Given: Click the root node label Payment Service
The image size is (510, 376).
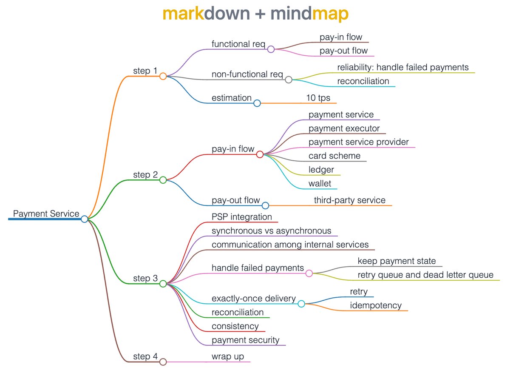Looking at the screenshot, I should click(x=46, y=214).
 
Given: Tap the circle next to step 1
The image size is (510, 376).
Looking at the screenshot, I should click(x=163, y=76).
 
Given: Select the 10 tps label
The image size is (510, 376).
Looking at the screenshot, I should click(x=318, y=98).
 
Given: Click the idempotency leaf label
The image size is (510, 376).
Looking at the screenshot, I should click(x=376, y=305).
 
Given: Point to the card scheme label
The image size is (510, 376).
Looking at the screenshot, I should click(x=334, y=156).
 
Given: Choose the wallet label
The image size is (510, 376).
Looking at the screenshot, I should click(x=320, y=184).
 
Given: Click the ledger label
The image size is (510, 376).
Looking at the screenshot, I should click(x=321, y=170).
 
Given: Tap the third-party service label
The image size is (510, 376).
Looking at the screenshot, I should click(x=350, y=200).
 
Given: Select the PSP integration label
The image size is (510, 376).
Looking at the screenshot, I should click(x=242, y=217).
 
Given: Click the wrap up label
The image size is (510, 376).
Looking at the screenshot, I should click(x=228, y=356).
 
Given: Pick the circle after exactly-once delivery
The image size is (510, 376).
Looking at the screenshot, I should click(x=301, y=304).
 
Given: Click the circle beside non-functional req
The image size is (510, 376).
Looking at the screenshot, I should click(x=289, y=80).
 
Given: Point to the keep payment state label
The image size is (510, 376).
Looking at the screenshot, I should click(x=397, y=261).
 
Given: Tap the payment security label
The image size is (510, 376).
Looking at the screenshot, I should click(x=246, y=340).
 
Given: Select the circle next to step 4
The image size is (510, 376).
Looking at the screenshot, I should click(x=163, y=362).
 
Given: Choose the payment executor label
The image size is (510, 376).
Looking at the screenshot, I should click(x=344, y=128).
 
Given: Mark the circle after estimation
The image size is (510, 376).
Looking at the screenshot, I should click(x=257, y=103).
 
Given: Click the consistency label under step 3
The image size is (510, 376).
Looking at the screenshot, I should click(x=235, y=326).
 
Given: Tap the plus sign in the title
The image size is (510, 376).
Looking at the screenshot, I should click(x=260, y=14).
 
